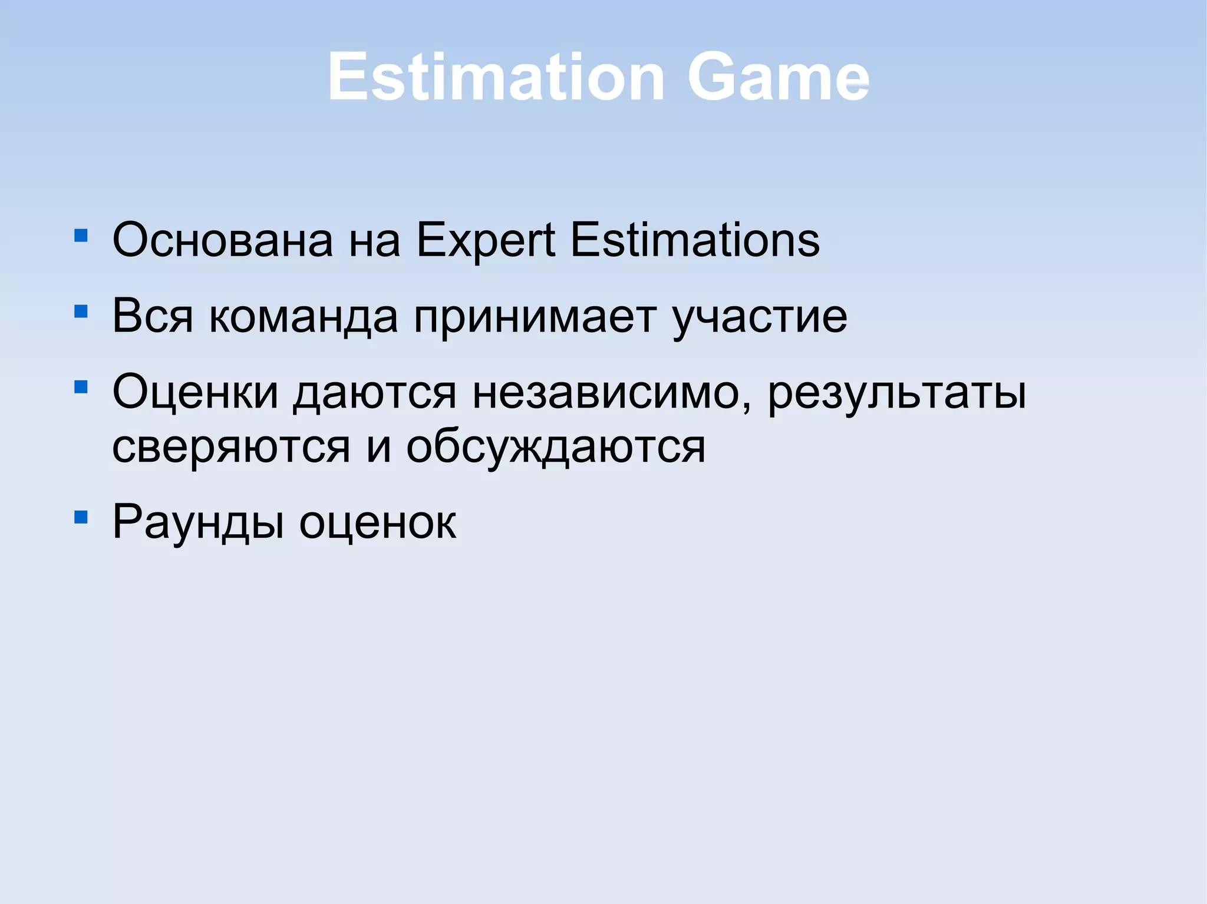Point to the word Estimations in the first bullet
pos(695,240)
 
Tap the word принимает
pos(535,316)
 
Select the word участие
pos(760,316)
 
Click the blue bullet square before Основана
pos(81,236)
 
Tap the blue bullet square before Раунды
pos(81,518)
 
